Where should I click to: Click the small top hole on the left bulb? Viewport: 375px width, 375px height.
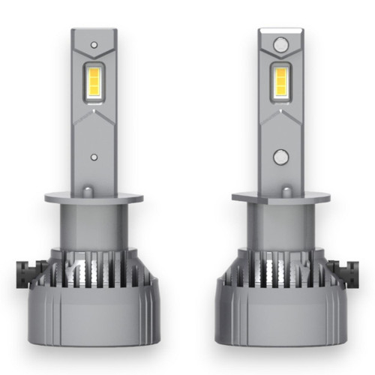click(93, 45)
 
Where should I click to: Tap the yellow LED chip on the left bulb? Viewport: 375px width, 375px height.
click(93, 81)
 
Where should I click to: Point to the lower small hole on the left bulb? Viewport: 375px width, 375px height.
click(93, 158)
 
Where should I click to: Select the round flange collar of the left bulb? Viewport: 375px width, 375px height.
click(93, 197)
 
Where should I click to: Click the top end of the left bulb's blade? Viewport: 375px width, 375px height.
click(93, 33)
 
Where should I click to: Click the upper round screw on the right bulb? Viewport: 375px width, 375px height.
click(280, 46)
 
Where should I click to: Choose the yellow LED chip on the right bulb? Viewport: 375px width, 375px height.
click(280, 81)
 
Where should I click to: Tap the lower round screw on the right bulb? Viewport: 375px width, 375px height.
click(280, 157)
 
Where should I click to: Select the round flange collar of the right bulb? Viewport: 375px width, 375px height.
click(280, 197)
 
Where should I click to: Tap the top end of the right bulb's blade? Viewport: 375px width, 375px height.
click(280, 33)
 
